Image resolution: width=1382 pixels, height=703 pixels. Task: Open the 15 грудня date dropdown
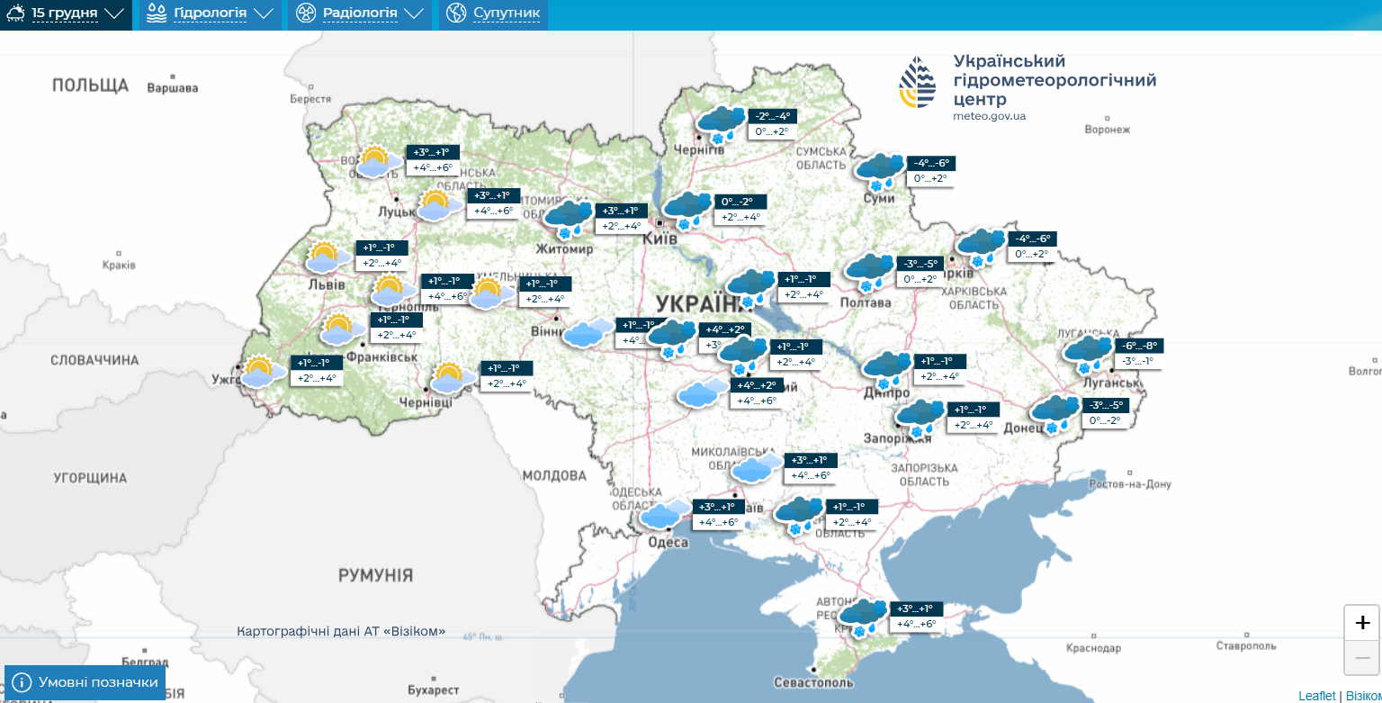click(x=65, y=14)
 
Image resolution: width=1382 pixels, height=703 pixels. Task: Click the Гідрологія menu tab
click(x=210, y=14)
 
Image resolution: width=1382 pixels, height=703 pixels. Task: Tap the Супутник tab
click(x=494, y=14)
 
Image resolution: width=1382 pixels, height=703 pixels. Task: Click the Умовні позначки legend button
click(x=86, y=682)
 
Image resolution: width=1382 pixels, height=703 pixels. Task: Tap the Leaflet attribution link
click(x=1316, y=696)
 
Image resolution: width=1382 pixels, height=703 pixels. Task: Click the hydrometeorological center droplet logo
click(x=917, y=83)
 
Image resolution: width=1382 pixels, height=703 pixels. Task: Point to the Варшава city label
click(x=172, y=88)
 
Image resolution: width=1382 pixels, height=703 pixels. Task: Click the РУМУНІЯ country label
click(x=375, y=574)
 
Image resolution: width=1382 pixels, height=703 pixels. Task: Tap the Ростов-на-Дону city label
click(x=1129, y=484)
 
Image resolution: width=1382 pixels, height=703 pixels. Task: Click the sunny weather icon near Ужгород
click(x=258, y=371)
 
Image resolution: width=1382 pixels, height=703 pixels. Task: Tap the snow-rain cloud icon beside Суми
click(x=880, y=171)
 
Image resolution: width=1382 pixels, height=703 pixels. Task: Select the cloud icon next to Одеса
click(x=664, y=514)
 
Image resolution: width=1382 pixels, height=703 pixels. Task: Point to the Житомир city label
click(x=564, y=249)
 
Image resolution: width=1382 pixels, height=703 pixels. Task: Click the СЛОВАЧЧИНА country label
click(x=94, y=360)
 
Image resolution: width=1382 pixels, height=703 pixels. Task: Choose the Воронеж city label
click(x=1107, y=130)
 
